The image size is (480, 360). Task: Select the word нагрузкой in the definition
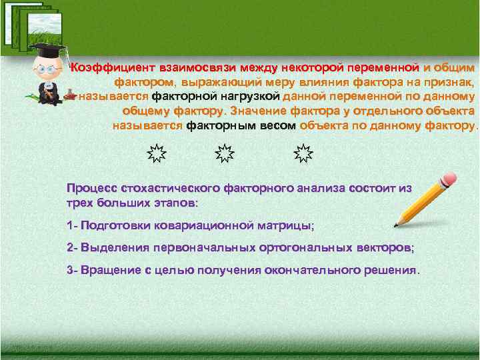(252, 96)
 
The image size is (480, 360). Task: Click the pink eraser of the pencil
(449, 179)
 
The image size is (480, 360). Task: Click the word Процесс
(90, 188)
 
